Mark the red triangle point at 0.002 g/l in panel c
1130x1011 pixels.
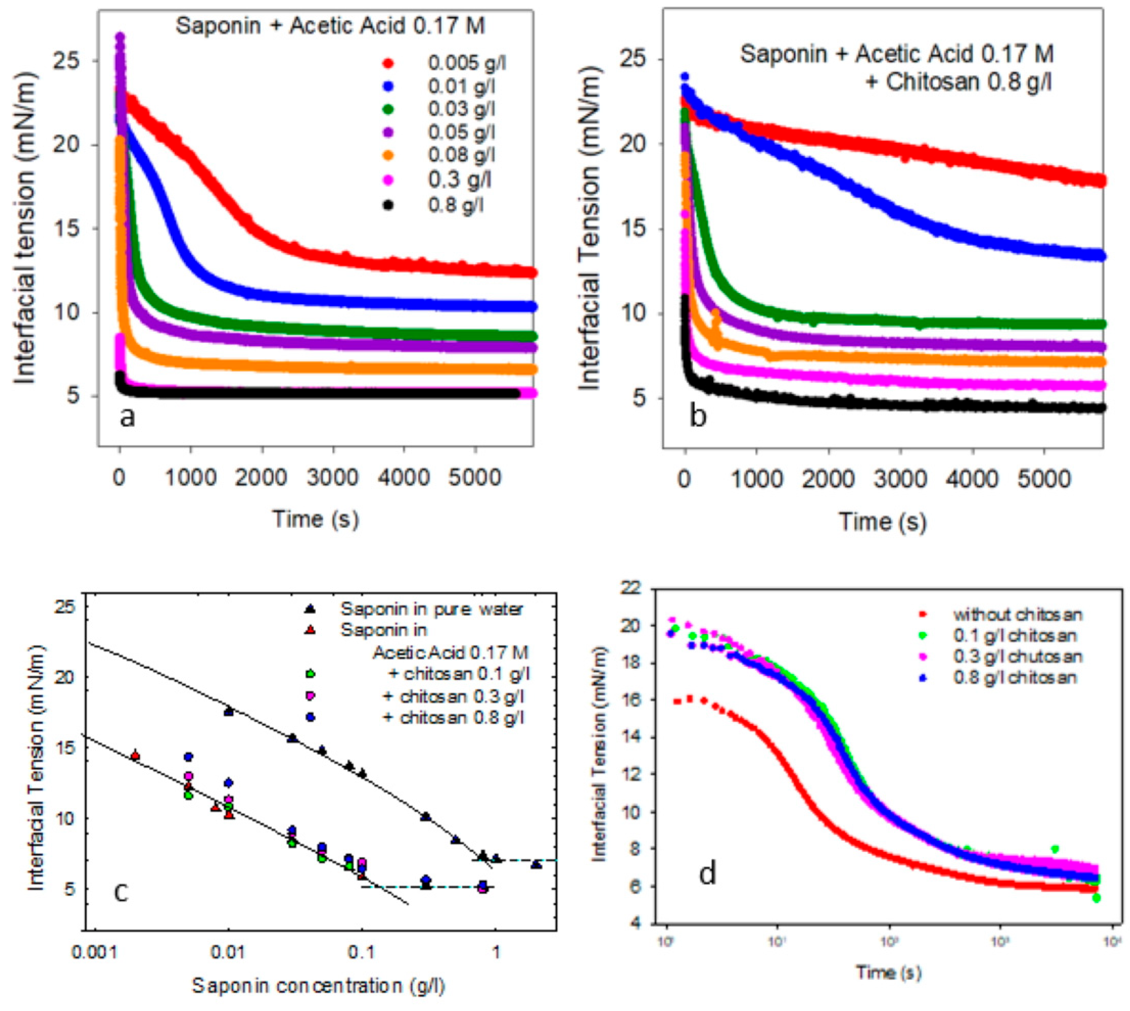pyautogui.click(x=135, y=756)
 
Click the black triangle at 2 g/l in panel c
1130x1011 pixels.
pyautogui.click(x=536, y=864)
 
